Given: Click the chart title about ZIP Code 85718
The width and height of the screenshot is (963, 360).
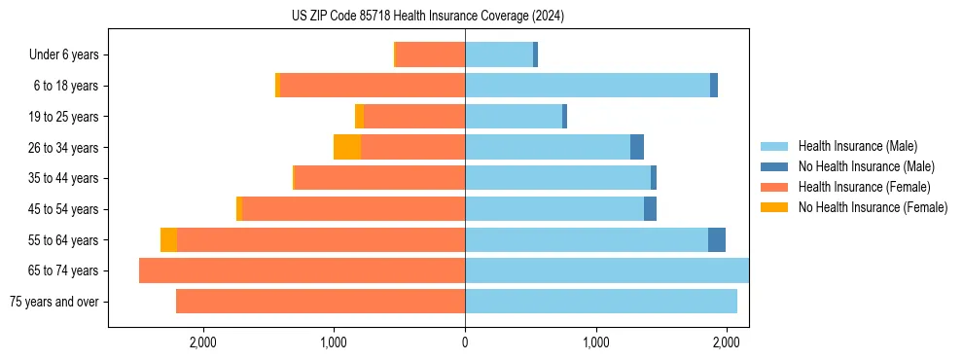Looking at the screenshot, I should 428,16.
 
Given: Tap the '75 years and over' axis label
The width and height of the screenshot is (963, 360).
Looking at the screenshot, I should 54,302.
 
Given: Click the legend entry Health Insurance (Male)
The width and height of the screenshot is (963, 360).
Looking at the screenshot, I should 857,146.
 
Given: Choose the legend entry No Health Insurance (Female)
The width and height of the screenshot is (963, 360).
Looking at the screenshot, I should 873,207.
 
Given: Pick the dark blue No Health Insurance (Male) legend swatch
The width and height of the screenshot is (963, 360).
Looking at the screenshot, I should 774,166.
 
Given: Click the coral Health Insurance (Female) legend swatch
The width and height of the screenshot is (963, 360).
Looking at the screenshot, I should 774,187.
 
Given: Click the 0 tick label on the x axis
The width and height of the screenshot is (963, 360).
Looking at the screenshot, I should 465,342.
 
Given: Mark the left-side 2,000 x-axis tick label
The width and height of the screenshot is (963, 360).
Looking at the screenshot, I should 202,342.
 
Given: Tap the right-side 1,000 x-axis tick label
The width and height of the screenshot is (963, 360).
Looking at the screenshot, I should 595,342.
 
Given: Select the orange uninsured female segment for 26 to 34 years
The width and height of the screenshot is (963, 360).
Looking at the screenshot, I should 347,147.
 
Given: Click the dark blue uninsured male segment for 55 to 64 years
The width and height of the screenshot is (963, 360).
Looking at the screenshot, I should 717,239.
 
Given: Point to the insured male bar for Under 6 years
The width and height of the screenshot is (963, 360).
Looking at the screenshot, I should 499,54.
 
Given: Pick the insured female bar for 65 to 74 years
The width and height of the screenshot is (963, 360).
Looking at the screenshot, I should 302,270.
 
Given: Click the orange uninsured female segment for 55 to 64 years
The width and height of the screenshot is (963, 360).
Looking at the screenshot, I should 168,239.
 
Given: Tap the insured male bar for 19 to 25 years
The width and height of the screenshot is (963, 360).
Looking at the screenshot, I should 514,116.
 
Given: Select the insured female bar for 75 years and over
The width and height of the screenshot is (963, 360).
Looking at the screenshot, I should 320,302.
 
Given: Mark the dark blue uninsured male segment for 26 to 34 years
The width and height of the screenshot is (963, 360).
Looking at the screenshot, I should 637,147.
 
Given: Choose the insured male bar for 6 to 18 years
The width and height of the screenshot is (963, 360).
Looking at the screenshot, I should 588,86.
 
